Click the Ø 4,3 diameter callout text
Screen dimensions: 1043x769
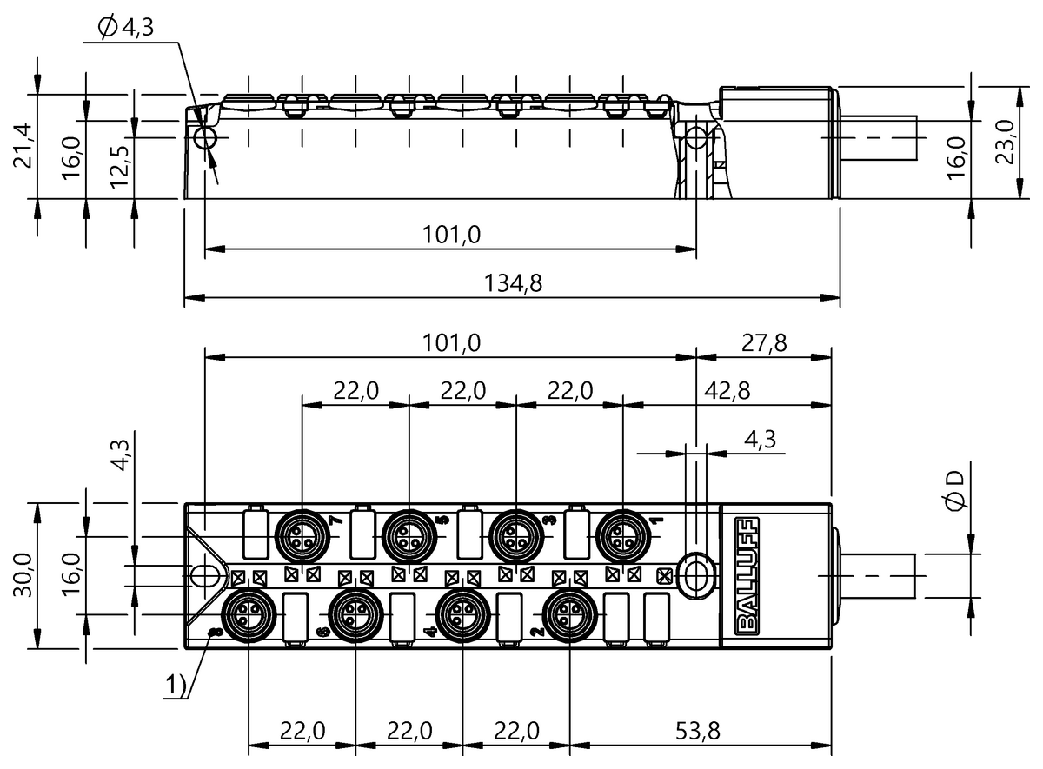[x=126, y=28]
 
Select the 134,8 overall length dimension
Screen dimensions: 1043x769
[x=513, y=283]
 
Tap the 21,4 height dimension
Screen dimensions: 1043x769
[x=23, y=146]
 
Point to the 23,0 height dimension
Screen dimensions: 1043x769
[x=1005, y=142]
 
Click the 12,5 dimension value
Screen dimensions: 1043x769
[x=120, y=167]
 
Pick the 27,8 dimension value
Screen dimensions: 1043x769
[x=764, y=343]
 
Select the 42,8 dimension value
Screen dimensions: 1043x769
[x=727, y=391]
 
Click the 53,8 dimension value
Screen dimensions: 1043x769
[x=697, y=731]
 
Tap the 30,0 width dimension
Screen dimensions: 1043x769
[x=23, y=575]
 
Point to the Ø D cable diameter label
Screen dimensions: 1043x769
[x=955, y=491]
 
